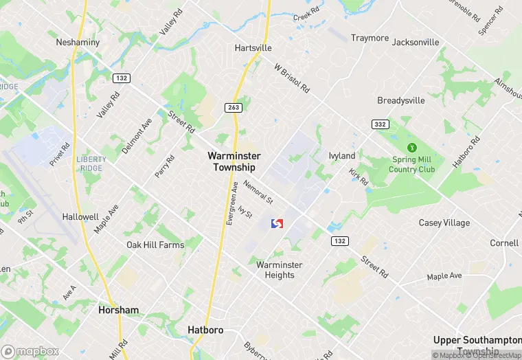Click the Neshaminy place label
click(78, 42)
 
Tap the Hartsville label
click(253, 48)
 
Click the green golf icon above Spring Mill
click(412, 147)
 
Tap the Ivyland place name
click(342, 156)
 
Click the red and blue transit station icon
click(277, 225)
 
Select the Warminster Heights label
click(275, 270)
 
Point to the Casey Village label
click(444, 223)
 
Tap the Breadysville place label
click(401, 100)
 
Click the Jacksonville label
click(416, 42)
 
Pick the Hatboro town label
click(205, 330)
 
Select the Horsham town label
click(118, 310)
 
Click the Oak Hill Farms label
click(155, 245)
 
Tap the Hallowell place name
click(80, 216)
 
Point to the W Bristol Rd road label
click(292, 79)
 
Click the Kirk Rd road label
click(359, 177)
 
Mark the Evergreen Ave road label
click(233, 203)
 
